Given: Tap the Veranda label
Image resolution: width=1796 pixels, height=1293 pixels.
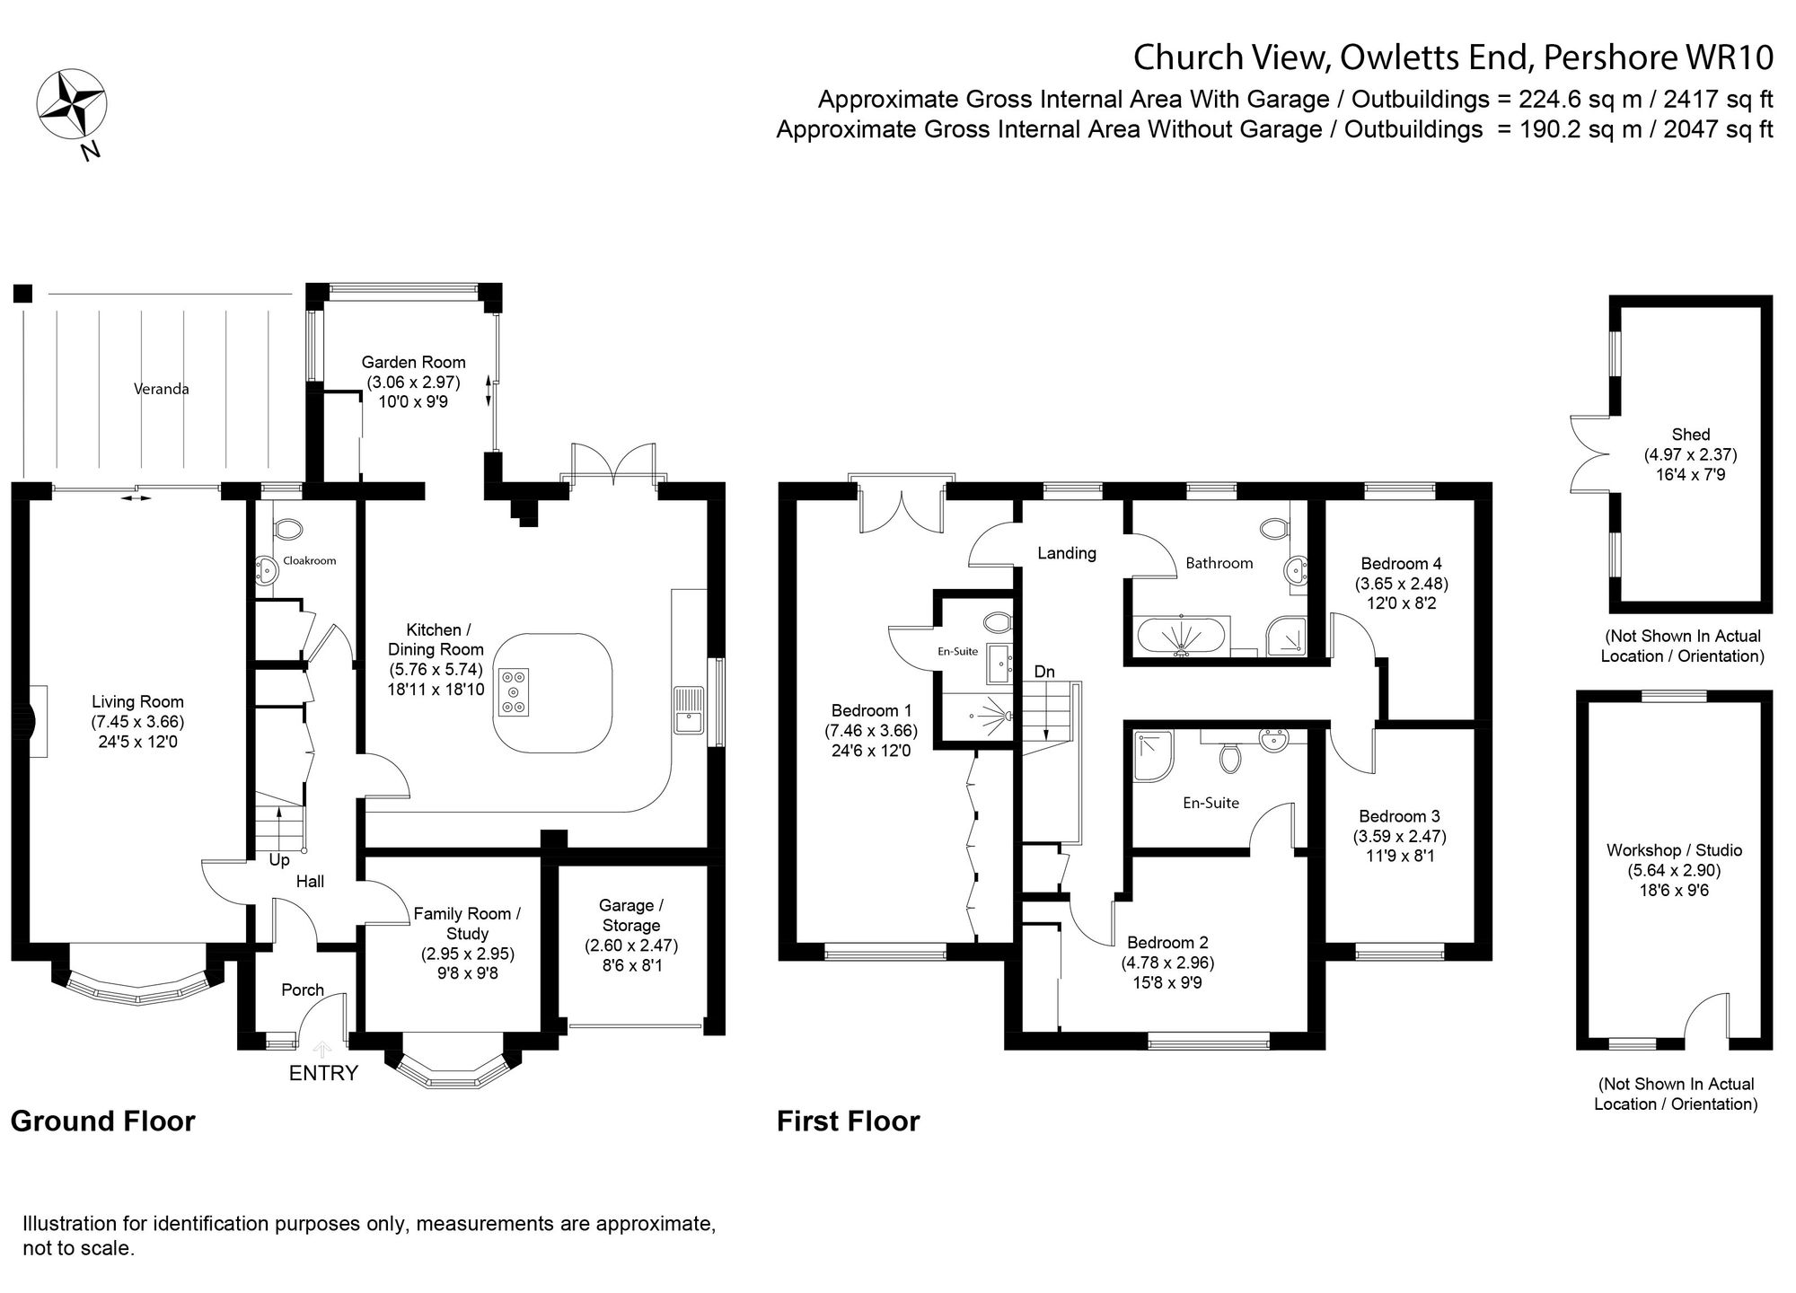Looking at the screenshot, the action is point(162,389).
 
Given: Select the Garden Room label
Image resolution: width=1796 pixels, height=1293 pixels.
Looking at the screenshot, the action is point(413,363).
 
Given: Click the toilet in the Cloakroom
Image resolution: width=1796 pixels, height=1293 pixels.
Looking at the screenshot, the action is point(288,528).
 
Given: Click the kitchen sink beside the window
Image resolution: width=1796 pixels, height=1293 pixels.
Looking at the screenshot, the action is point(690,709).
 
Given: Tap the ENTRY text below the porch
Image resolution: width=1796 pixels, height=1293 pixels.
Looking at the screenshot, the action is point(323,1072).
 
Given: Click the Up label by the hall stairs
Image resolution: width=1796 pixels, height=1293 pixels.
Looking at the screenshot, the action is point(279,860).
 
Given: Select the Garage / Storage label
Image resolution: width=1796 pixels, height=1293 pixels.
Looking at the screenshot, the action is point(631,916).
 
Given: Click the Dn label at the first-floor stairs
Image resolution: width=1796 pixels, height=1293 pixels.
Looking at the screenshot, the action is point(1044,672).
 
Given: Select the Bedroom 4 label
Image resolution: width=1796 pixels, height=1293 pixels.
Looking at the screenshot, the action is point(1401,564).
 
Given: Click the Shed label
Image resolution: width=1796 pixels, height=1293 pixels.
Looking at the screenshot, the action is point(1691,435).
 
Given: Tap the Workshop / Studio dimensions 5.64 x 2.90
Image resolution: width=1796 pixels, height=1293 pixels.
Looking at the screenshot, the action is point(1674,870).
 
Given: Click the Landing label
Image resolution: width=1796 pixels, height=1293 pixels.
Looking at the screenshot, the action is point(1067,553).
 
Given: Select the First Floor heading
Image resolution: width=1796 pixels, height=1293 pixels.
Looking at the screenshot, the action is point(849,1121).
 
